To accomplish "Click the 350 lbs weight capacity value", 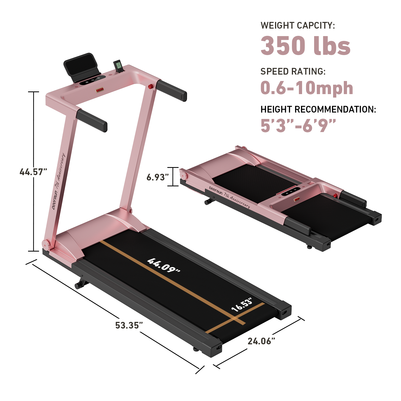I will point(305,46).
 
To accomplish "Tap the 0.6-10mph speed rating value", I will point(307,88).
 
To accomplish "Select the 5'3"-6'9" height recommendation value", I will point(298,125).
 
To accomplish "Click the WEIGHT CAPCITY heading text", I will point(298,25).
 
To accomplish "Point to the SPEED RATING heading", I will point(293,71).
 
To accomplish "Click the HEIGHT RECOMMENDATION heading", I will point(318,109).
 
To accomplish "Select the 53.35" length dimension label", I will point(129,325).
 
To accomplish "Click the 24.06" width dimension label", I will point(261,341).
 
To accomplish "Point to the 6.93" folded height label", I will point(157,177).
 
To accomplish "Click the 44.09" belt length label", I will point(164,265).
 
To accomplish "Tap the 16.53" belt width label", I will point(242,305).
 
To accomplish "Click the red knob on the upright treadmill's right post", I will point(151,86).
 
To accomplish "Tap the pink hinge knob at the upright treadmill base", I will point(46,244).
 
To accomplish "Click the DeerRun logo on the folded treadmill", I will point(215,191).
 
